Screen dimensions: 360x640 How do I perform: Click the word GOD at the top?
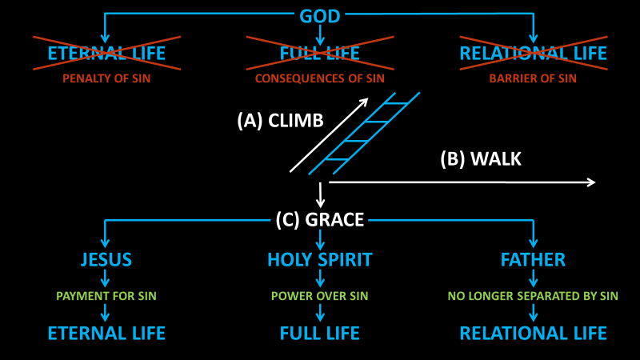tap(320, 16)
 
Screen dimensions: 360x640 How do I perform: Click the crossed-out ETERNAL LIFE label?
tap(106, 54)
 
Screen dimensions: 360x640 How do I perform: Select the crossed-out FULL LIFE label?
tap(320, 54)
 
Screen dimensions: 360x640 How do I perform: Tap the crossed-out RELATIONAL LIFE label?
tap(533, 54)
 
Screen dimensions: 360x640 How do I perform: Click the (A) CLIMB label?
tap(280, 121)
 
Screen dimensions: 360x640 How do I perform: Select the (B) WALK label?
tap(481, 159)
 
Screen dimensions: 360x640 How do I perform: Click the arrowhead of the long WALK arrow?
tap(591, 182)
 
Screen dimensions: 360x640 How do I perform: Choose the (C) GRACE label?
tap(320, 219)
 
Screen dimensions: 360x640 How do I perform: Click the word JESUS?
tap(106, 260)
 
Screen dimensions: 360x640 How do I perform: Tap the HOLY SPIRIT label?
tap(320, 260)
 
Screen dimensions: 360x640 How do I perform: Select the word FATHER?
tap(533, 260)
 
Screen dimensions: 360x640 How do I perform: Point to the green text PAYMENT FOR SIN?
tap(106, 296)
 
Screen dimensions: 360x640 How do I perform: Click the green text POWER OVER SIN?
tap(320, 296)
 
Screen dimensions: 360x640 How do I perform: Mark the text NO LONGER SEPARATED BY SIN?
tap(533, 296)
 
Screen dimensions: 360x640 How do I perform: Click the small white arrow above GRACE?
tap(320, 194)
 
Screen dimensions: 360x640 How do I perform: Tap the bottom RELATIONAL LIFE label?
tap(533, 333)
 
